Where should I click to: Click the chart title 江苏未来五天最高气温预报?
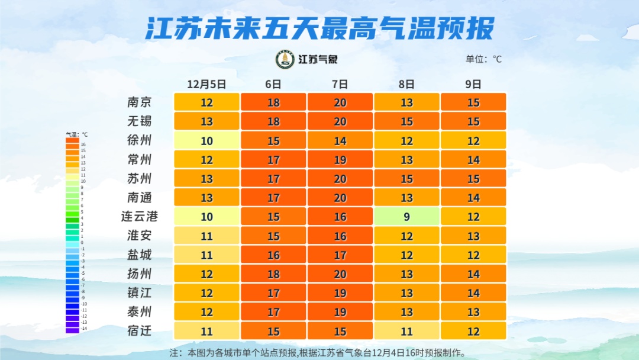click(319, 28)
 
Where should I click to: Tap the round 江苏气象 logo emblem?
click(285, 59)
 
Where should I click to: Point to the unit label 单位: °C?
click(483, 59)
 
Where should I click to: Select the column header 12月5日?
click(206, 84)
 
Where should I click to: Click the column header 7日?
click(340, 84)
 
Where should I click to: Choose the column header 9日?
click(473, 84)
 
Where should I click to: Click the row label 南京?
click(140, 102)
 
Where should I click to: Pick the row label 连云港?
click(140, 217)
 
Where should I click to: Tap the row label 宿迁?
click(140, 330)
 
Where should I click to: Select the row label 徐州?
click(140, 140)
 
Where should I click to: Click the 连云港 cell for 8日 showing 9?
click(406, 217)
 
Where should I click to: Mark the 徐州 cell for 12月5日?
click(206, 140)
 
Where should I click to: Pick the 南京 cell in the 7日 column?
click(340, 102)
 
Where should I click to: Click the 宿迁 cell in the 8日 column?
click(406, 330)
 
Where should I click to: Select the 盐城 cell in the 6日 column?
click(273, 255)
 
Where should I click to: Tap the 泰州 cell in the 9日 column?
click(473, 311)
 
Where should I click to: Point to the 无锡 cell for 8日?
click(406, 121)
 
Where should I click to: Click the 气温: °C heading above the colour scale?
click(76, 134)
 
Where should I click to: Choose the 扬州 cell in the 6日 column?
click(273, 274)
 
